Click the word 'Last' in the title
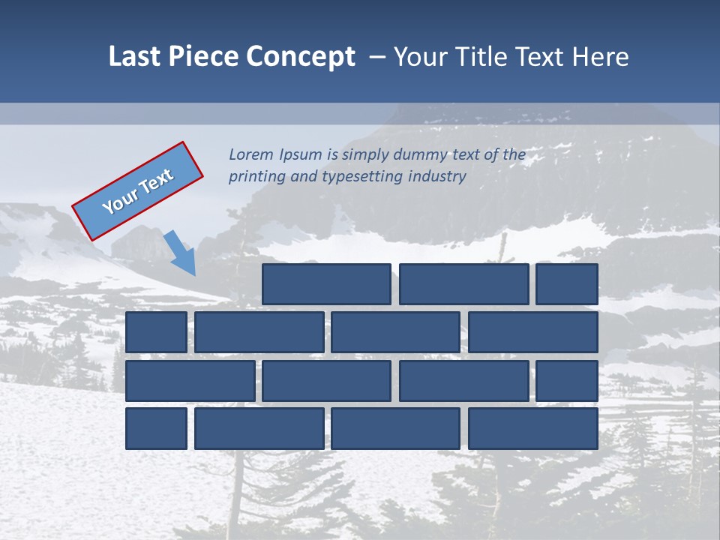tap(134, 57)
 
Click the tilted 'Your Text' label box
tap(137, 190)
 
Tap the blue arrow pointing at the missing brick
tap(181, 252)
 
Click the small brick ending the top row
tap(567, 284)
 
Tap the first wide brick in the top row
tap(326, 284)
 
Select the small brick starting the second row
tap(156, 332)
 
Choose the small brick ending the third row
tap(567, 380)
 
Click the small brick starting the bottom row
tap(156, 428)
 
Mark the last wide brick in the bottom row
tap(533, 428)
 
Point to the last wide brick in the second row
tap(533, 332)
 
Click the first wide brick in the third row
tap(190, 380)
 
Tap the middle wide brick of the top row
tap(463, 284)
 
